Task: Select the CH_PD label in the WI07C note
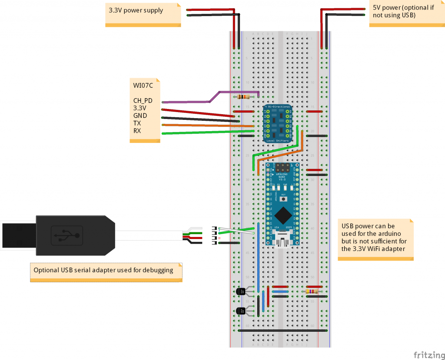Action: pos(143,100)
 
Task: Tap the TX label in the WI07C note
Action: pos(137,123)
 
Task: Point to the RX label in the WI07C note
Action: pos(137,131)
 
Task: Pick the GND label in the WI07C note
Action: pos(140,116)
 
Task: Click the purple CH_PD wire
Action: pos(191,102)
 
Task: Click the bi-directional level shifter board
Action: pos(278,124)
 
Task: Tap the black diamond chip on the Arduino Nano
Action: pos(283,214)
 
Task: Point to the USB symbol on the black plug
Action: pos(66,235)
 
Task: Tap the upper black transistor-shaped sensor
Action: pos(239,291)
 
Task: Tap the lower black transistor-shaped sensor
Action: pos(239,310)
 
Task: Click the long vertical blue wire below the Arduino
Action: pos(259,256)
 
